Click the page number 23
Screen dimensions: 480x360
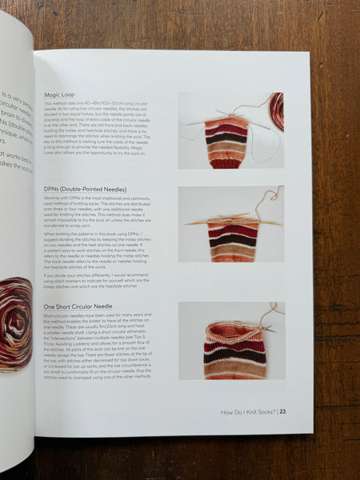click(283, 413)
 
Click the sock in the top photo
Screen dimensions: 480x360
click(227, 142)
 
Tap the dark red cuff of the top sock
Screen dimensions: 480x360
click(226, 162)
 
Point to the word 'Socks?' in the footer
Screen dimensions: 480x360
click(266, 413)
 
